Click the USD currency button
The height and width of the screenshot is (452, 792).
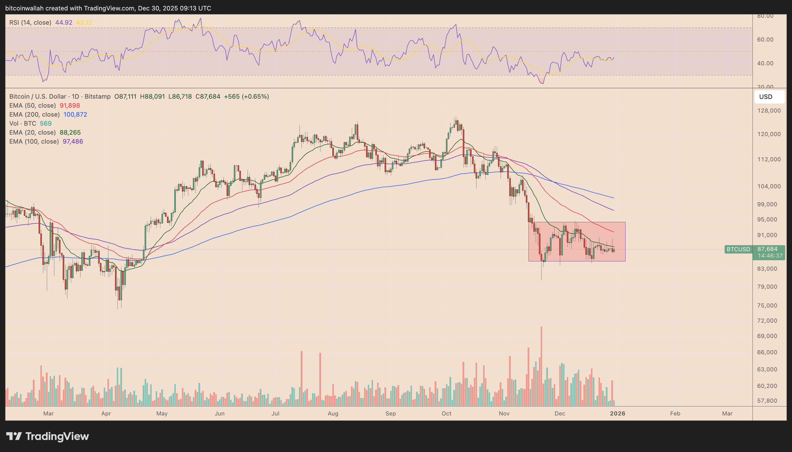[769, 97]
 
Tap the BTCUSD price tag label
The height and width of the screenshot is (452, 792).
[738, 249]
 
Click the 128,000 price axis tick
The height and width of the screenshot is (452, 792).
[769, 111]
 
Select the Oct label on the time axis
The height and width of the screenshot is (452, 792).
[446, 413]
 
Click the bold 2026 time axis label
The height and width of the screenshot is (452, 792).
[617, 413]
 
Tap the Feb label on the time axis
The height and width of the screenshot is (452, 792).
[675, 413]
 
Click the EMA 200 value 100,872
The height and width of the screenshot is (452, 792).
[75, 115]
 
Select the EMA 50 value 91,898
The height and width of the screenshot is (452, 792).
[70, 106]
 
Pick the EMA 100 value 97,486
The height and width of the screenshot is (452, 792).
[73, 142]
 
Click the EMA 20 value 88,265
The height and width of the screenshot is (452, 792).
[70, 133]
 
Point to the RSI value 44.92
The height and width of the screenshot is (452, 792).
[64, 23]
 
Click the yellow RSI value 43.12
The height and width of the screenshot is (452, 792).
[84, 23]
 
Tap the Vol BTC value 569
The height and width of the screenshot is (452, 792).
[46, 124]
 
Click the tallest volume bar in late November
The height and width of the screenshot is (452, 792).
[541, 366]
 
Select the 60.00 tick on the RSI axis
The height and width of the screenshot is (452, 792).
[765, 40]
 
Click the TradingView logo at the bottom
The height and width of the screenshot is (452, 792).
[48, 436]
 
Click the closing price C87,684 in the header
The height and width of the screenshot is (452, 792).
[208, 97]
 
